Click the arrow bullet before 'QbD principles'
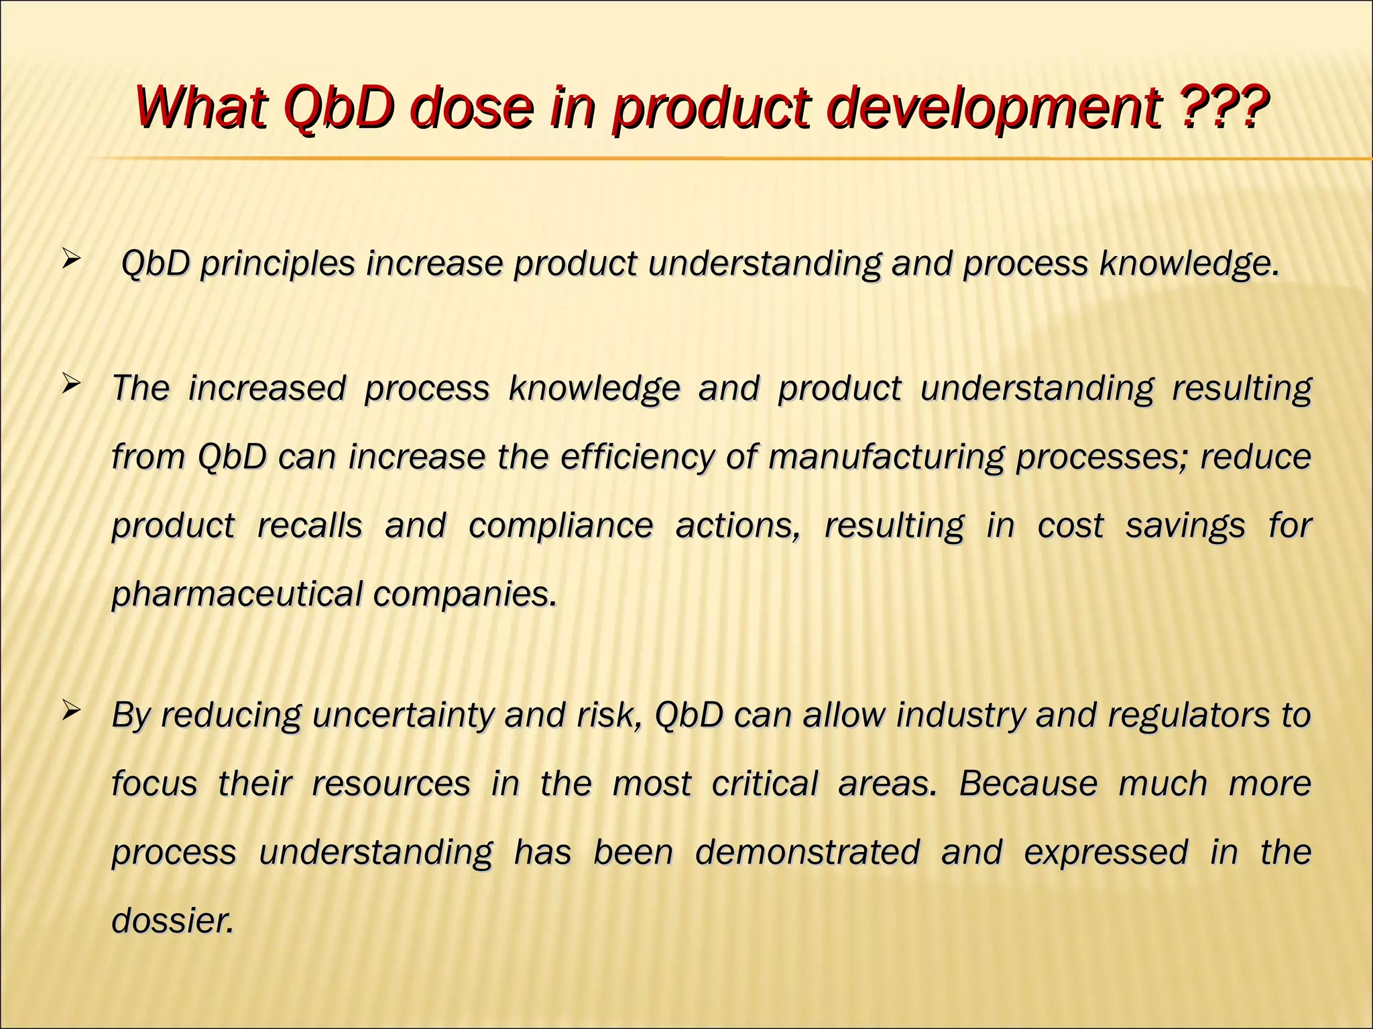point(70,259)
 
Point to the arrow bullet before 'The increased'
point(70,385)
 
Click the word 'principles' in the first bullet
point(277,264)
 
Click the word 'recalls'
point(309,525)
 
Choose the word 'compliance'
point(560,527)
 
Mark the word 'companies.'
point(465,594)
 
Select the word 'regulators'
point(1188,716)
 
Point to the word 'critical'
point(764,784)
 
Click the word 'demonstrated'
point(807,853)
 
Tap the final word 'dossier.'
point(173,920)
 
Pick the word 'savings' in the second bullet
point(1185,527)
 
